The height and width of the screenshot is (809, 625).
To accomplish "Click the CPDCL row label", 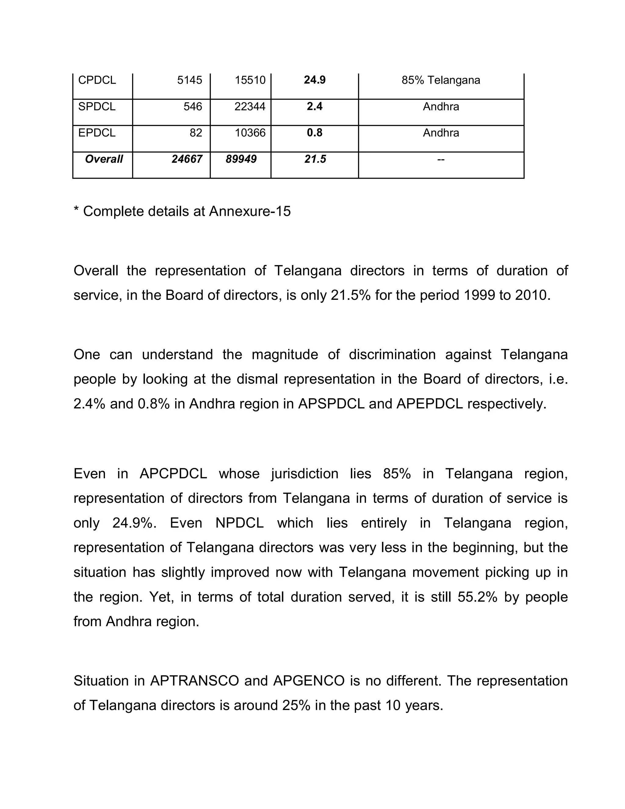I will pos(97,80).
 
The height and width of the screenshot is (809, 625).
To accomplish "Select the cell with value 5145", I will pos(190,80).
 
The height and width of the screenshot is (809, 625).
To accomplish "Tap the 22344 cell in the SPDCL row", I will pos(250,107).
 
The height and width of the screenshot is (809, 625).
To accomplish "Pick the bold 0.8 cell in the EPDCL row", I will pos(314,132).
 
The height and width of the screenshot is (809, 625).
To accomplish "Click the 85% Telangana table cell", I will pos(441,80).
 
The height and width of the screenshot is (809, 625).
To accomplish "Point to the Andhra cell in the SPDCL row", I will pos(441,107).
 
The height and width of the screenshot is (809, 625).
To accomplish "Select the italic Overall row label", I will pos(104,159).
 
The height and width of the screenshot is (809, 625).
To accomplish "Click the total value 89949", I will pos(241,159).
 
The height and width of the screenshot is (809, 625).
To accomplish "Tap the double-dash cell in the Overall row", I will pos(441,160).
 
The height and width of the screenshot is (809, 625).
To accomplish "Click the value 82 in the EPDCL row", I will pos(196,132).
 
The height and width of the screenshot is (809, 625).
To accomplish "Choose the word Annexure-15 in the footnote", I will pos(250,211).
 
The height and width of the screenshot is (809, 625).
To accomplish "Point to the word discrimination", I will pos(392,354).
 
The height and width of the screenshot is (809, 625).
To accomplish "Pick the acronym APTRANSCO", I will pos(194,681).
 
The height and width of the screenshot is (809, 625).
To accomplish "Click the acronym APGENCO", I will pos(309,681).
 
